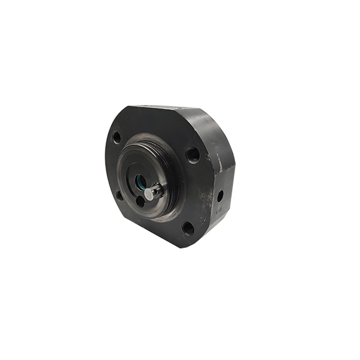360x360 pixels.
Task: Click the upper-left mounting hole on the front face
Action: (116, 137)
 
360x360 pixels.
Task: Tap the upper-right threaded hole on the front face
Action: (193, 154)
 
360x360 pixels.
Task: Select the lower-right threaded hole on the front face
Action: (188, 228)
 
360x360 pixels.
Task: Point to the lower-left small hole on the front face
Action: (119, 196)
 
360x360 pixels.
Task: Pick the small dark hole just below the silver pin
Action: (140, 202)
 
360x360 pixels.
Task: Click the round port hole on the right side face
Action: (220, 196)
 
